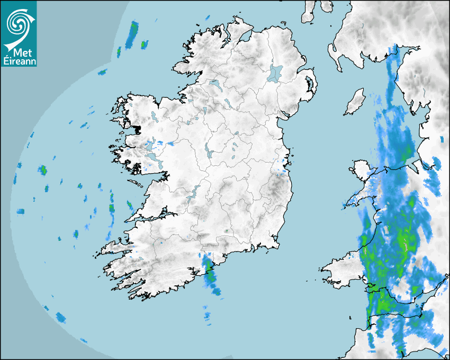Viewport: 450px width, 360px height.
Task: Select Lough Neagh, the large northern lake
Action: [275, 73]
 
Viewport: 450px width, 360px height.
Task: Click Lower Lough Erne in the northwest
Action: [215, 84]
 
